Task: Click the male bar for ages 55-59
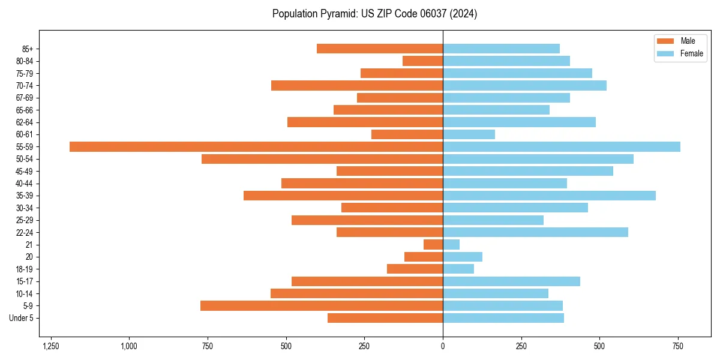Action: tap(256, 146)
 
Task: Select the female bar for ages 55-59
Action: tap(562, 146)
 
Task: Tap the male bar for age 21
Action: tap(433, 244)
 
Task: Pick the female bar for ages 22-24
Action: tap(535, 232)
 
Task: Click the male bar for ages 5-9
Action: tap(322, 305)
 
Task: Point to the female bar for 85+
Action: tap(501, 49)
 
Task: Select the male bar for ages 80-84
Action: tap(422, 61)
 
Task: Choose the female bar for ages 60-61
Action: tap(469, 134)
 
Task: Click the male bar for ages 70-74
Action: tap(357, 85)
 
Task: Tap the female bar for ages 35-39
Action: tap(549, 196)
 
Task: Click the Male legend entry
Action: tap(688, 41)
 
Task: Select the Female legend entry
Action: tap(691, 53)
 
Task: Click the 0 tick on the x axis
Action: tap(443, 346)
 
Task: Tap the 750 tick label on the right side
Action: tap(678, 346)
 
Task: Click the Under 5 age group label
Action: tap(21, 318)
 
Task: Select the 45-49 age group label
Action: tap(25, 171)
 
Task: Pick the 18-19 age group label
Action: tap(25, 269)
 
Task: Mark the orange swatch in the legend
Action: tap(665, 41)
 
